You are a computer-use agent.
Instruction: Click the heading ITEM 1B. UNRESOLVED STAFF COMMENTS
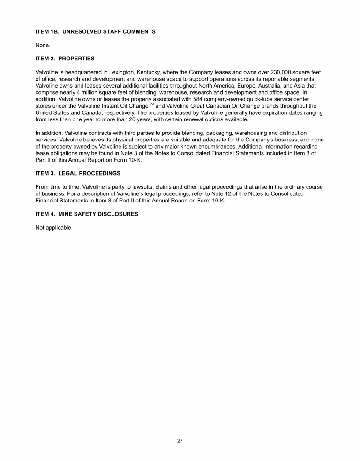(x=95, y=32)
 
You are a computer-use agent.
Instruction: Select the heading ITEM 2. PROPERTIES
(x=65, y=59)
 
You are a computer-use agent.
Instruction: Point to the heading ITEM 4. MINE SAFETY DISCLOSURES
(x=87, y=214)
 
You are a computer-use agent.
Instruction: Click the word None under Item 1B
(x=43, y=45)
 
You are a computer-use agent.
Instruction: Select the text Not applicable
(x=54, y=228)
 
